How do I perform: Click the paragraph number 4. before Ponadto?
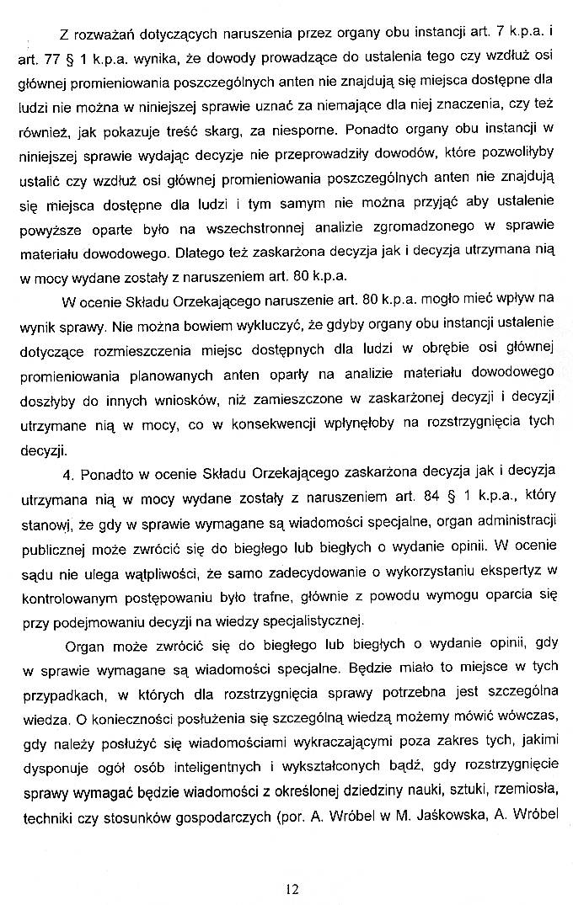67,471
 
